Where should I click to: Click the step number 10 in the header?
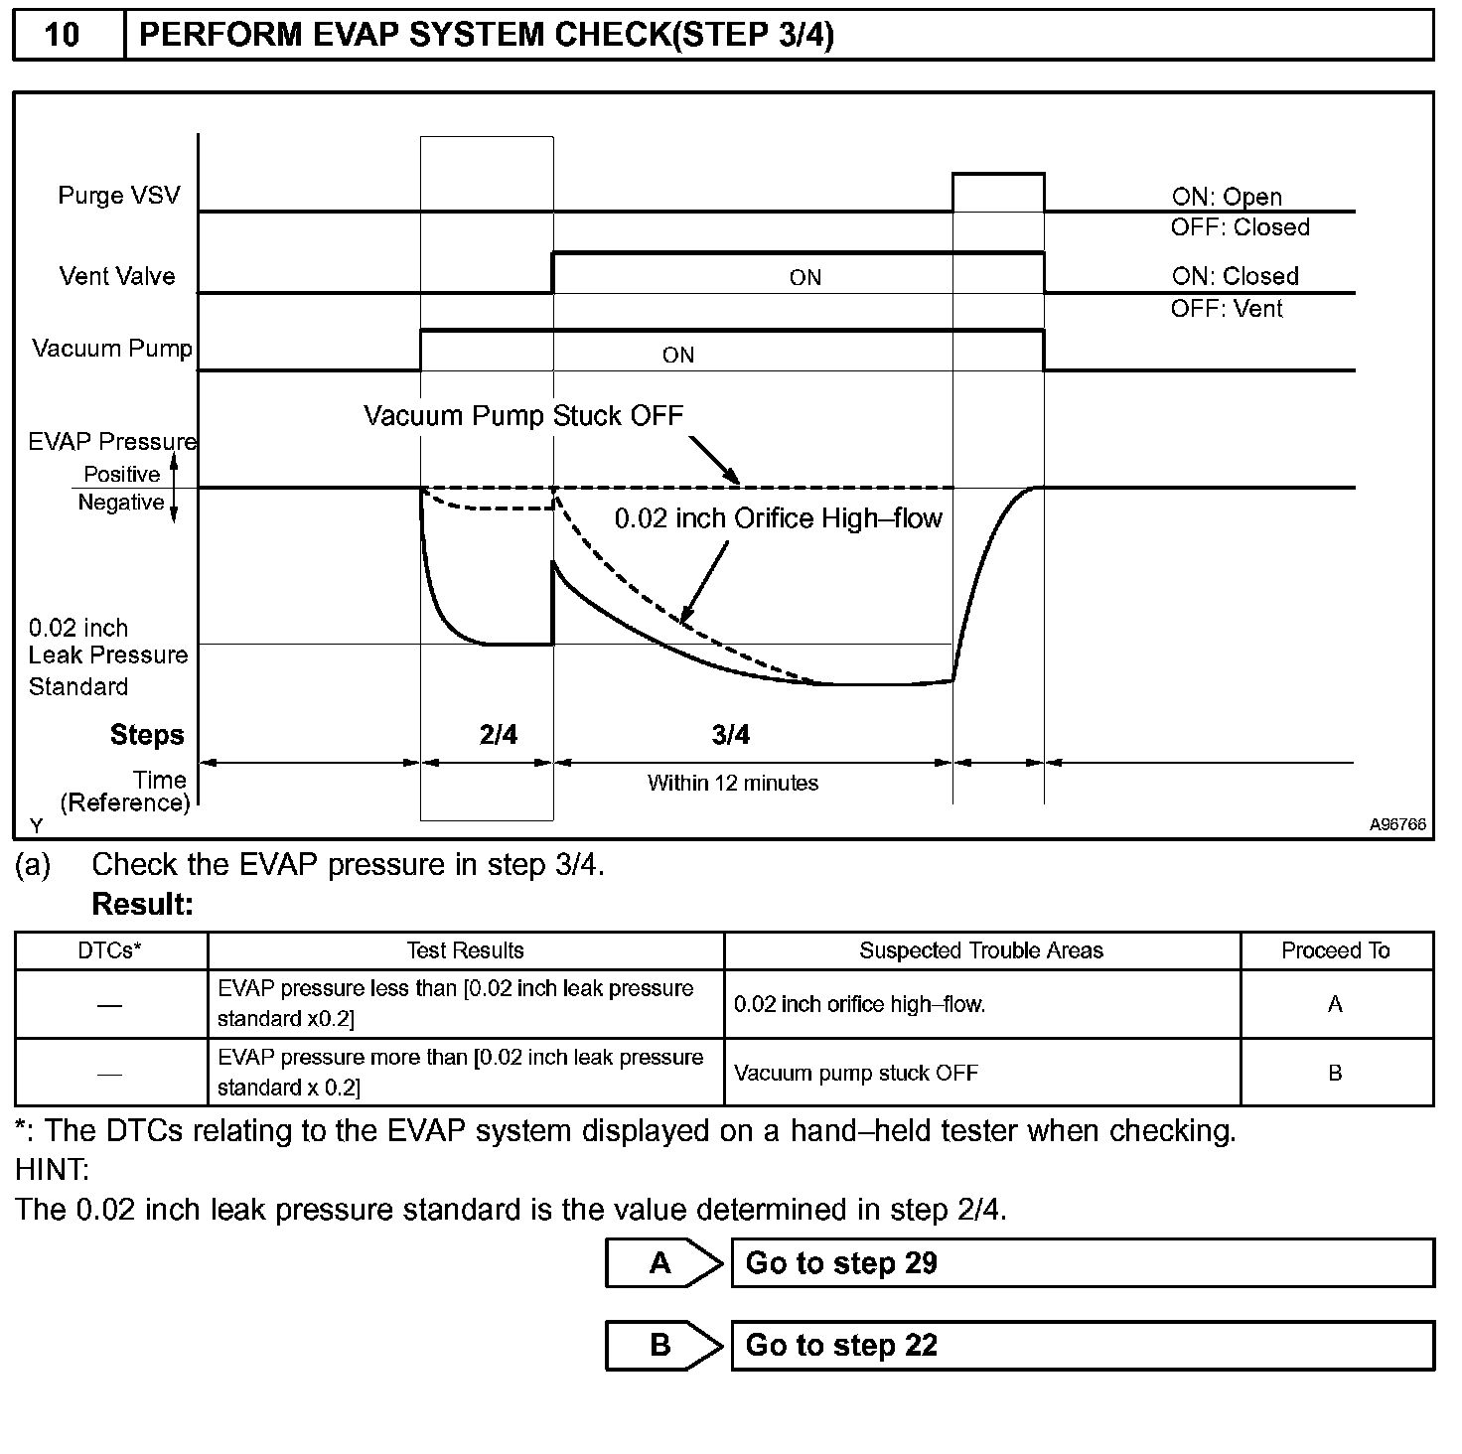[x=62, y=35]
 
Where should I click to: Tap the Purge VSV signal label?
[x=119, y=195]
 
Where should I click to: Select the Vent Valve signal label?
[x=117, y=276]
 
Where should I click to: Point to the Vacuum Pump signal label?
[x=112, y=349]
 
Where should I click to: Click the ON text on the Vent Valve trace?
[x=805, y=278]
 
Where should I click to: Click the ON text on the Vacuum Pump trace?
[x=678, y=356]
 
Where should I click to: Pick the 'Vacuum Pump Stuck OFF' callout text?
[x=523, y=415]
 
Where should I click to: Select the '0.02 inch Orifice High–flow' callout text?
[x=778, y=518]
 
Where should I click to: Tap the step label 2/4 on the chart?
[x=498, y=735]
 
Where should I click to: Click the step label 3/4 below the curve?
[x=731, y=735]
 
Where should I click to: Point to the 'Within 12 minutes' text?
[x=733, y=784]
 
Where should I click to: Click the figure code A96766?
[x=1397, y=824]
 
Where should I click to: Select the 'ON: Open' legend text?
[x=1227, y=197]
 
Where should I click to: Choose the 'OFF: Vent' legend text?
[x=1227, y=309]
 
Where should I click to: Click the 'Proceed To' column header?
[x=1335, y=950]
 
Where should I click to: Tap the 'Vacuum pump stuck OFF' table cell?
[x=856, y=1074]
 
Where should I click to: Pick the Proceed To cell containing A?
[x=1335, y=1004]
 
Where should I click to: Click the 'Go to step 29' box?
[x=1082, y=1263]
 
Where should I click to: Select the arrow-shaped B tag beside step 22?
[x=661, y=1346]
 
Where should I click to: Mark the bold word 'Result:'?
[x=142, y=905]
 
